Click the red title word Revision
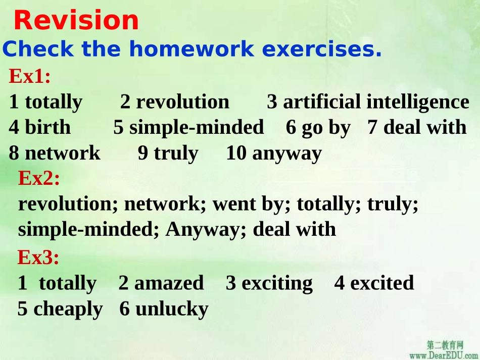(76, 21)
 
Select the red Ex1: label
(30, 77)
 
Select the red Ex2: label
(39, 178)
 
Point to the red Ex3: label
(38, 258)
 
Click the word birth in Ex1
(47, 127)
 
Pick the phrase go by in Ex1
(325, 128)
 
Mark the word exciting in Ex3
(277, 283)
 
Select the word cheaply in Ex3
(68, 309)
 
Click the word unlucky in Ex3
(172, 309)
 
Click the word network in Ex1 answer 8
(62, 153)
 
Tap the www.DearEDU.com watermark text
(444, 355)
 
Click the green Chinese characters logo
(445, 345)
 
